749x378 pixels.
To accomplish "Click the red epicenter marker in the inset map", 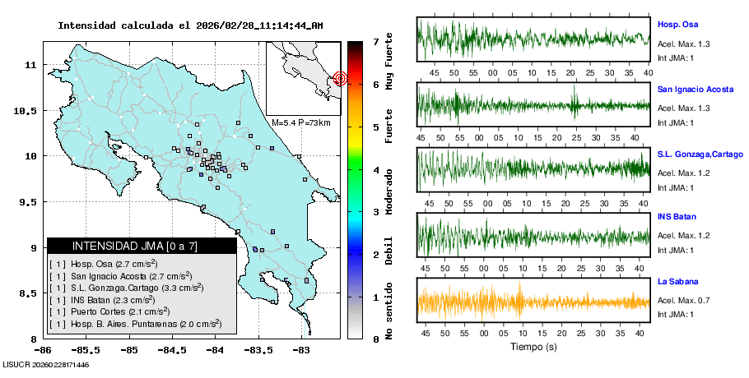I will point(341,79).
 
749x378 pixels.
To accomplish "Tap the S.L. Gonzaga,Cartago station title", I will point(700,154).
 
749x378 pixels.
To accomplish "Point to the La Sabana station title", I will point(677,281).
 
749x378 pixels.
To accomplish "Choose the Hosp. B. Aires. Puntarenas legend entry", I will point(136,325).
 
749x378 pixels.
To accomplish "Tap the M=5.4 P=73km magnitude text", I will point(300,122).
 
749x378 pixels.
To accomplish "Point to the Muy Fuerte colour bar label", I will point(388,59).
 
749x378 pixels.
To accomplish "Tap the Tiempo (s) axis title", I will point(533,347).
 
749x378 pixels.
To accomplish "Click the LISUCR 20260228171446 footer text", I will point(46,364).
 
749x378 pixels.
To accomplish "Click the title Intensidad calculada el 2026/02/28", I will point(190,25).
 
